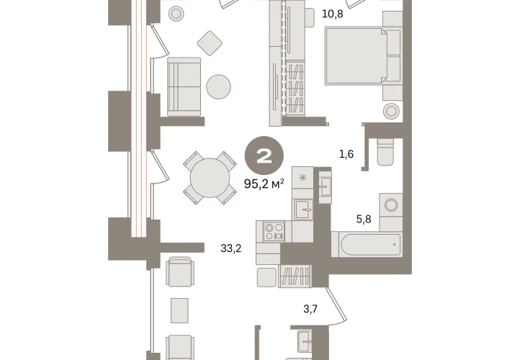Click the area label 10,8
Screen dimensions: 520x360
tap(333, 14)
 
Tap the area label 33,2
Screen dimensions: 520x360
tap(231, 248)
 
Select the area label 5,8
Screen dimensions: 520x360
tap(364, 219)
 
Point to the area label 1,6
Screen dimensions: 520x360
tap(346, 154)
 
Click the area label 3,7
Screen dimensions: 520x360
tap(310, 309)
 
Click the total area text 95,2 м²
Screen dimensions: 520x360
tap(264, 184)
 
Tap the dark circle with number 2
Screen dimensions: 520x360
tap(264, 156)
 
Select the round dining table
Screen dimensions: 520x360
tap(210, 178)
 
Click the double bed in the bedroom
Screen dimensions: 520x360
tap(357, 56)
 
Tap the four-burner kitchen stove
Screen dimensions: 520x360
tap(274, 232)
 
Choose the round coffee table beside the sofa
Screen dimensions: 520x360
tap(218, 86)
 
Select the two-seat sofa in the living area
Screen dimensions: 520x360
tap(184, 87)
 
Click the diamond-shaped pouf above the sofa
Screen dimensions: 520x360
tap(210, 43)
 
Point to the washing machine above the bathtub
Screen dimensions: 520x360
tap(391, 205)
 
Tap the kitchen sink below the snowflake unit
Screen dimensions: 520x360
tap(302, 210)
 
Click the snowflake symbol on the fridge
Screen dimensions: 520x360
tap(302, 178)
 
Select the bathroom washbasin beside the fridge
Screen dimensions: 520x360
tap(324, 186)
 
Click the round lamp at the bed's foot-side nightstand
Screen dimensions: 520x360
tap(391, 110)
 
